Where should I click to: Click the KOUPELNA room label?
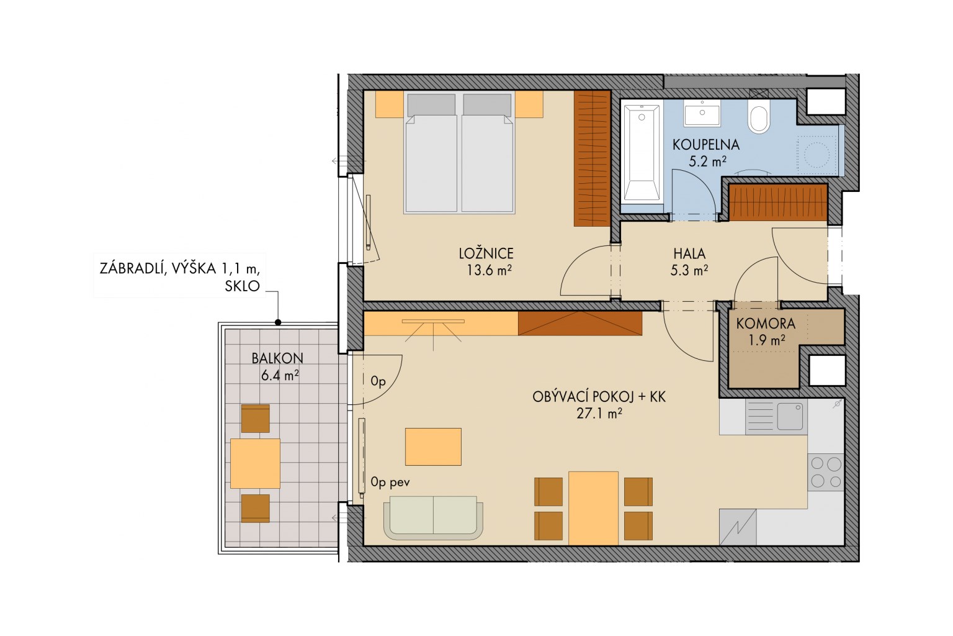706,145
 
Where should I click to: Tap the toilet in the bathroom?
759,116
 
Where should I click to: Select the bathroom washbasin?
702,113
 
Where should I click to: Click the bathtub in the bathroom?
642,153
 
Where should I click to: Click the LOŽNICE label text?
486,253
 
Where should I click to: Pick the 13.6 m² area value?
489,270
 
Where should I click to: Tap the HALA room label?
689,253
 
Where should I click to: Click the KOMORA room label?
766,324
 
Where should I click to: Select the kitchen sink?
776,416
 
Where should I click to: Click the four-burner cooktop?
826,472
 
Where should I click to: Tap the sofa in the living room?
433,517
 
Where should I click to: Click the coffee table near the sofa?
433,447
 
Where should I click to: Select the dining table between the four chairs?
593,508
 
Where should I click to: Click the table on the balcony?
255,463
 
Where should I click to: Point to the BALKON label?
277,358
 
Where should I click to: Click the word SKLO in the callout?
242,286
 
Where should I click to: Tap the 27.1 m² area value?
599,413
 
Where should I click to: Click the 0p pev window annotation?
390,482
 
